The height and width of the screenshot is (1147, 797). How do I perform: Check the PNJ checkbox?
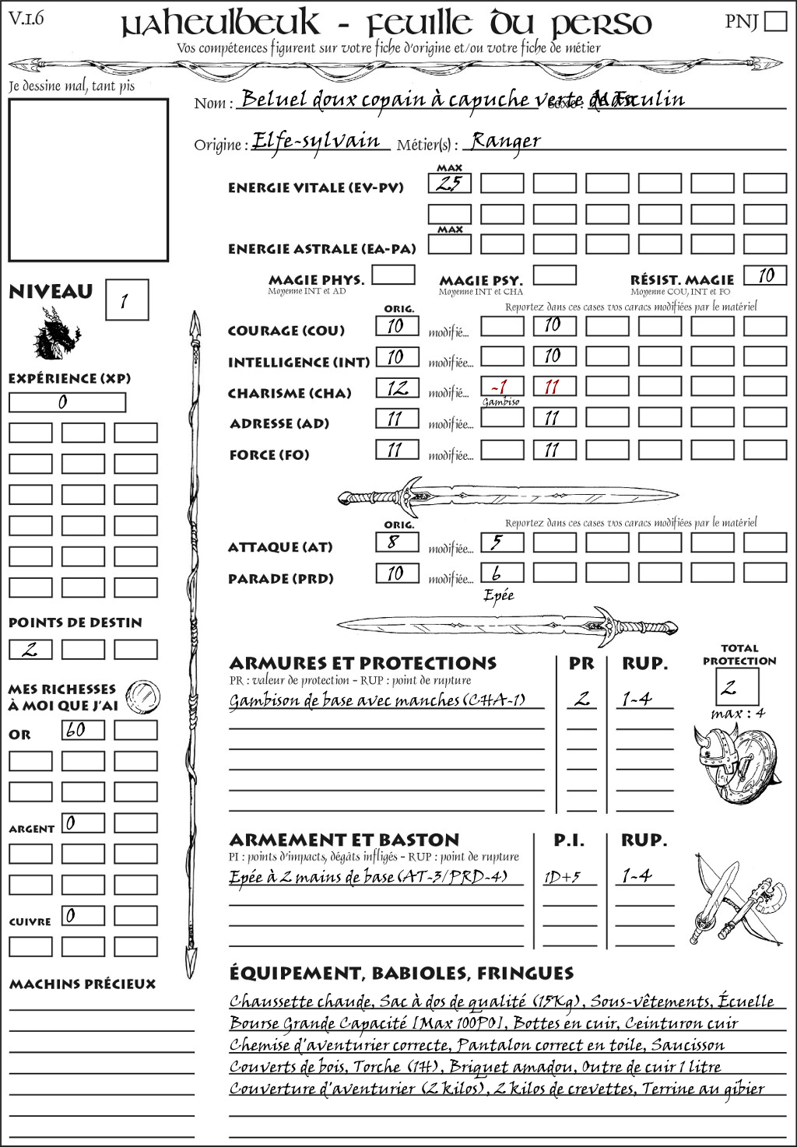click(775, 21)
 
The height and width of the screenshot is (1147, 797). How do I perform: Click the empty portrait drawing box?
click(88, 180)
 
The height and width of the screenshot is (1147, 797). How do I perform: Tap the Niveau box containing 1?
click(126, 300)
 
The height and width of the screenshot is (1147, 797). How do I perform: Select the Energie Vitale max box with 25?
click(449, 184)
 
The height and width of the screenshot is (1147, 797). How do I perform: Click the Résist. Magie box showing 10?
click(764, 275)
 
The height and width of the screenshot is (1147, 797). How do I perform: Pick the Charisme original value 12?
click(397, 388)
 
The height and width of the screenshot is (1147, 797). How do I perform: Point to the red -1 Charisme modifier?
click(500, 388)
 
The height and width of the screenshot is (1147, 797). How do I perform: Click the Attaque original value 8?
click(397, 542)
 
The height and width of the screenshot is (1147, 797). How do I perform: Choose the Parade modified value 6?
click(500, 573)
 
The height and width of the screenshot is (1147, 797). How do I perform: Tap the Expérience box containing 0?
click(67, 402)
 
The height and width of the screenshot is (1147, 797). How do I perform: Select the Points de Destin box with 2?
click(30, 649)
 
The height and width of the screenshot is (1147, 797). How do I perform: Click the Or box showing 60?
click(83, 730)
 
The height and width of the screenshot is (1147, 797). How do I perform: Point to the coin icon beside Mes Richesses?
click(143, 695)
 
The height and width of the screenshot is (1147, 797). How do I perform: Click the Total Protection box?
click(737, 686)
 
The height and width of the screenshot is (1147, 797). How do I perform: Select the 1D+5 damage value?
click(562, 877)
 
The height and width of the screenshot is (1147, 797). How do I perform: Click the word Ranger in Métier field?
click(505, 141)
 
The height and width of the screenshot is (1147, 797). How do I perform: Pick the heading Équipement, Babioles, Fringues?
click(401, 973)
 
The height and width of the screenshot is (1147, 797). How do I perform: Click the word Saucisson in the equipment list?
click(687, 1045)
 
